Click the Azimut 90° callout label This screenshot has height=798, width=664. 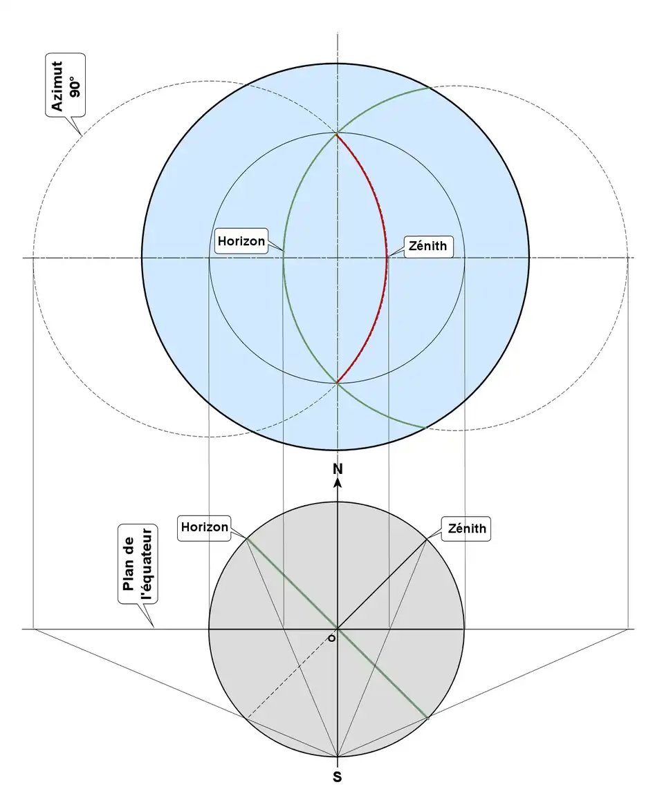click(66, 87)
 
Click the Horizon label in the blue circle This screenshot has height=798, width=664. click(241, 241)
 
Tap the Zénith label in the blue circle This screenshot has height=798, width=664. click(429, 245)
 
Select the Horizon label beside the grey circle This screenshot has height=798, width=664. click(204, 527)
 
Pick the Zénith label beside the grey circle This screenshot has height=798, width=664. click(467, 529)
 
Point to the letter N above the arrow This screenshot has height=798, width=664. click(338, 469)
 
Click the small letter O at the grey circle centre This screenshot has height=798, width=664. click(332, 638)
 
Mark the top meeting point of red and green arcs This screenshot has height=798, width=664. click(337, 134)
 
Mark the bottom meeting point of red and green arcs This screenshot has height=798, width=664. click(337, 382)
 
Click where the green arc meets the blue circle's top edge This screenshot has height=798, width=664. click(429, 88)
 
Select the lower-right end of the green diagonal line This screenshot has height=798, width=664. click(427, 719)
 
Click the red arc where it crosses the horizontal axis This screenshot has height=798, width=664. click(387, 258)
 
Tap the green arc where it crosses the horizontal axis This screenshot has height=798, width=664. click(284, 258)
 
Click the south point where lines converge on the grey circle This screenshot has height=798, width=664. click(338, 757)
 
